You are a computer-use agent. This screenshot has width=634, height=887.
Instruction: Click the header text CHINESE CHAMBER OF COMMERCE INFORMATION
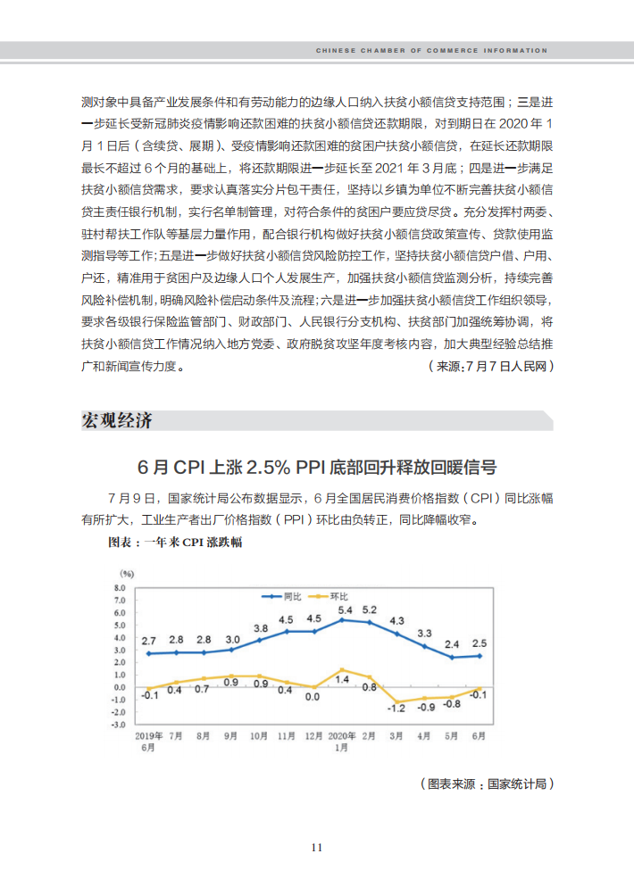pos(431,51)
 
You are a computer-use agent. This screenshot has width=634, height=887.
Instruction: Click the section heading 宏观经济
pos(117,420)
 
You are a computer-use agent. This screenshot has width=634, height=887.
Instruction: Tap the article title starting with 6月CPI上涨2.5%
pos(317,467)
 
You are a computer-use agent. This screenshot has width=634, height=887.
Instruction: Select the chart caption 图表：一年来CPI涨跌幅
pos(176,542)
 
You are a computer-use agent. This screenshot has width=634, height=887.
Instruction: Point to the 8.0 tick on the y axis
pos(120,589)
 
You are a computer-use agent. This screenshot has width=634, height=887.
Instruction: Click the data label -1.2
pos(396,708)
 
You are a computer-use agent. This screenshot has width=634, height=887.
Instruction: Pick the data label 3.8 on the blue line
pos(261,629)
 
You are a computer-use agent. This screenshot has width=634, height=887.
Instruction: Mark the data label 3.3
pos(424,634)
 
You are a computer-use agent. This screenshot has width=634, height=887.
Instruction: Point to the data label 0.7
pos(202,689)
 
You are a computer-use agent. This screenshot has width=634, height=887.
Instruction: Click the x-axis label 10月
pos(259,736)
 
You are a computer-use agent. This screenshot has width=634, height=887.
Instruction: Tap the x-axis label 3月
pos(397,736)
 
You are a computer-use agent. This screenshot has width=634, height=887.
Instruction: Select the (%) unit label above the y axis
pos(127,573)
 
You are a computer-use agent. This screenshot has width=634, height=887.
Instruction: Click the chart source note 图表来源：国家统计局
pos(487,783)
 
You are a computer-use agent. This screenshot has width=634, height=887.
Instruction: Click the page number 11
pos(317,848)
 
